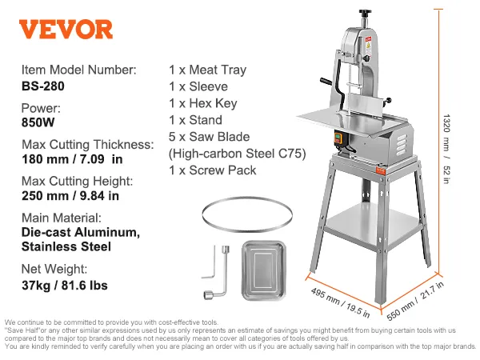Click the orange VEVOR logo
point(66,30)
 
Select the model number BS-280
point(43,86)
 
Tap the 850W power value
point(38,122)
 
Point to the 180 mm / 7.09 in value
point(72,159)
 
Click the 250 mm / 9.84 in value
point(70,196)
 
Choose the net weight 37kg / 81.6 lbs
point(65,286)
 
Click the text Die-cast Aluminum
point(81,232)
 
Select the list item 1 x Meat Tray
point(207,70)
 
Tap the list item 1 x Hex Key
point(203,103)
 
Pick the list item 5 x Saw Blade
point(209,137)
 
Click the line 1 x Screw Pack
point(213,170)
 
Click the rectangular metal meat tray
point(264,270)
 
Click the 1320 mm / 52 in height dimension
point(446,149)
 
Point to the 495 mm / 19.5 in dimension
point(340,302)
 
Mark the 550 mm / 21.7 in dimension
point(415,301)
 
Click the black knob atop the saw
point(365,13)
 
